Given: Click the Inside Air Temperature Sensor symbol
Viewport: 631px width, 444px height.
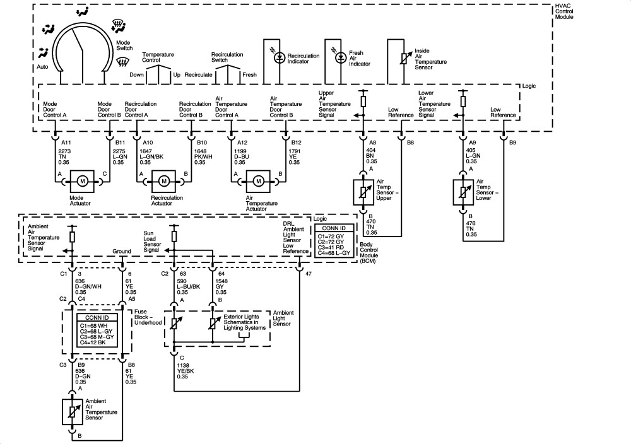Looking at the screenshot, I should point(401,60).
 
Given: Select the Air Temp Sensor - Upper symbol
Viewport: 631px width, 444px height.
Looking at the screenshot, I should point(363,192).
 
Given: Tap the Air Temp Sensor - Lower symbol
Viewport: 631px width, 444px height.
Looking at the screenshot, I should point(463,192).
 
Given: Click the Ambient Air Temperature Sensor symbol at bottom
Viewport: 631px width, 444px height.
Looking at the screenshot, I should point(71,411).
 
